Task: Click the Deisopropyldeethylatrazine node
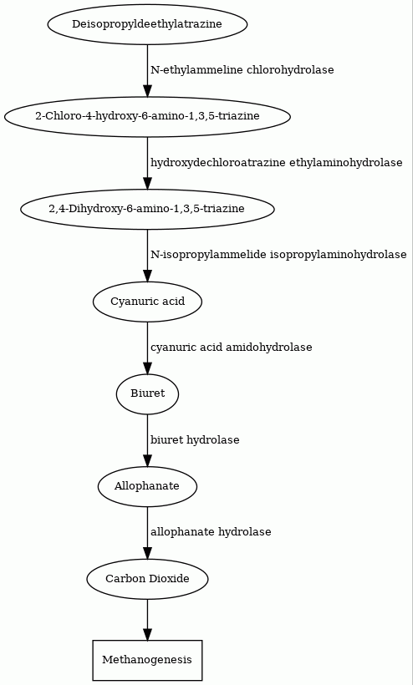147,24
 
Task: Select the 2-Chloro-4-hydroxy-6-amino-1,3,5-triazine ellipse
147,116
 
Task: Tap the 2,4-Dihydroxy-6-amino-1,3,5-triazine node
147,209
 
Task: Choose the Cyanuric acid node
147,302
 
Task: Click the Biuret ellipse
147,393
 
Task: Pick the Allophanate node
147,486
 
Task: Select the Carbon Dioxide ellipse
147,579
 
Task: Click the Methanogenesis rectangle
147,660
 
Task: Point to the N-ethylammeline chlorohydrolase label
242,70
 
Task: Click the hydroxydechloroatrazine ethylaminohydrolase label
276,163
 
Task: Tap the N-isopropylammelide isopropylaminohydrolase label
278,255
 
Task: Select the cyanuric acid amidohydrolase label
232,348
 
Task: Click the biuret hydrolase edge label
195,440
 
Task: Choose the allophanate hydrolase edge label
211,532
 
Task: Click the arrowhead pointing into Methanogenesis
147,634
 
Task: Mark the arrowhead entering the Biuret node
147,368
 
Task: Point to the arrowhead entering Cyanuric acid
147,276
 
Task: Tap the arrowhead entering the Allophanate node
147,460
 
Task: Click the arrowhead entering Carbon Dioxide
147,553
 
